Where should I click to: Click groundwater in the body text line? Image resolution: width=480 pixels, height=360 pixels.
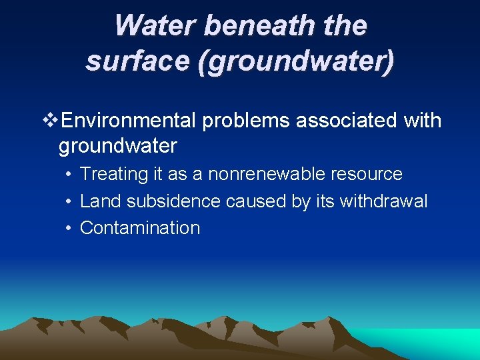click(118, 145)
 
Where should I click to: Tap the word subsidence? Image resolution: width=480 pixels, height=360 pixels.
click(171, 201)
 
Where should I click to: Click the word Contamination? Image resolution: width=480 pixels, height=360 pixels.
click(140, 228)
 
